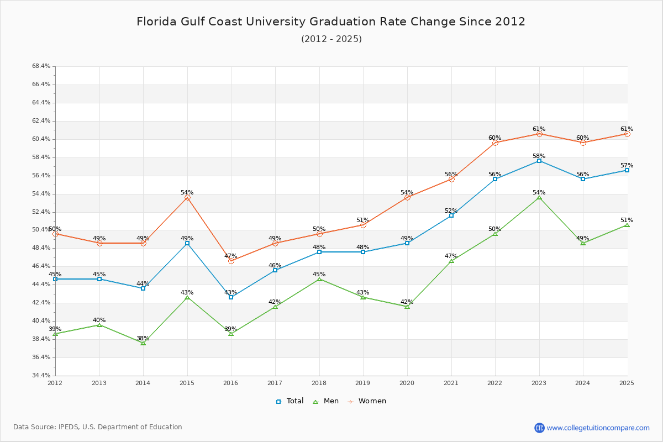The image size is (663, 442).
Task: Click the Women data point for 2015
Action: click(x=187, y=197)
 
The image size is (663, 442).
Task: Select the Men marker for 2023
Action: click(x=539, y=197)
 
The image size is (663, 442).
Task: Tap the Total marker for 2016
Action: click(x=231, y=297)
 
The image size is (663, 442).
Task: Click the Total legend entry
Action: click(x=290, y=401)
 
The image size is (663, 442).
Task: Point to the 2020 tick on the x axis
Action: click(x=407, y=382)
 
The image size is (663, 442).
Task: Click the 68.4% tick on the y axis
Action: click(x=41, y=66)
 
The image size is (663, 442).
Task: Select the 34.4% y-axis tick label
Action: click(x=41, y=376)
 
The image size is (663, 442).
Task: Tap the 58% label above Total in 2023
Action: click(x=539, y=156)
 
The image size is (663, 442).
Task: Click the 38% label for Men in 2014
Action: click(x=143, y=338)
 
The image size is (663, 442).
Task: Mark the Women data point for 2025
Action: click(x=627, y=134)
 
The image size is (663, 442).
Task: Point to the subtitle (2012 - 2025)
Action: click(x=331, y=39)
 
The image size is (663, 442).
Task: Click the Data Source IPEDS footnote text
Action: click(x=98, y=427)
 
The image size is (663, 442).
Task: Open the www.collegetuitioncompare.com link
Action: click(x=598, y=428)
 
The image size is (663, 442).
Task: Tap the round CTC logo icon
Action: click(x=539, y=428)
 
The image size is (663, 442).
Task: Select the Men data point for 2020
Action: click(x=407, y=306)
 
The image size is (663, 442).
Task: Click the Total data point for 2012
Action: click(x=55, y=279)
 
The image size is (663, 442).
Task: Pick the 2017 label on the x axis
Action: click(x=275, y=382)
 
